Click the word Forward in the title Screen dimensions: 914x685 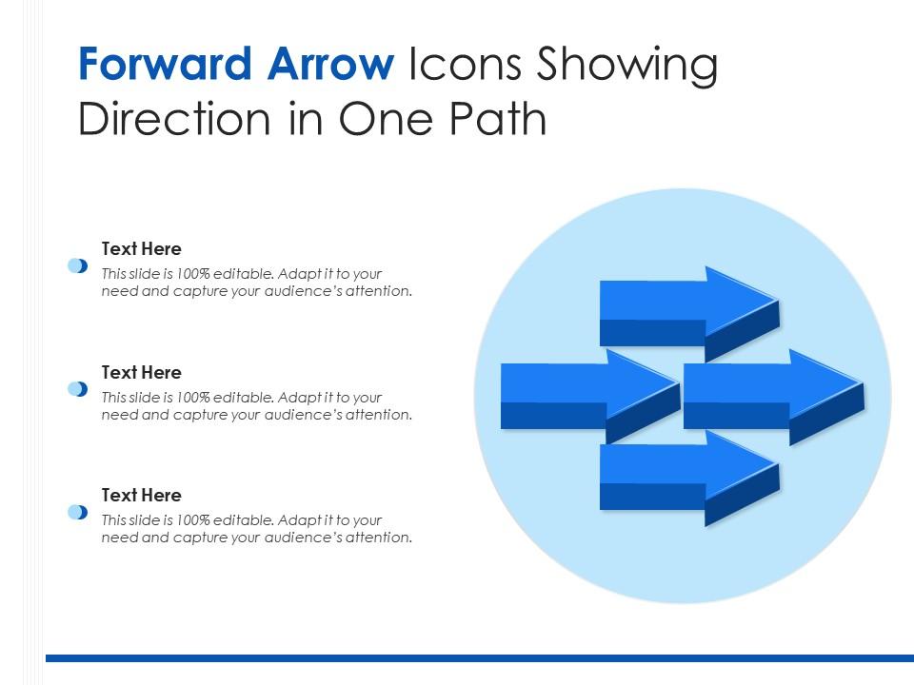click(165, 64)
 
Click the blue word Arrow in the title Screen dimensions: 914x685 click(330, 64)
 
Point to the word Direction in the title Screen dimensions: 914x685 click(174, 119)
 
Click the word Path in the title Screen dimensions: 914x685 click(498, 119)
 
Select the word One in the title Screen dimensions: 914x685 click(386, 120)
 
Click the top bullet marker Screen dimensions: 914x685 click(77, 265)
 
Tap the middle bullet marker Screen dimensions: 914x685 click(77, 389)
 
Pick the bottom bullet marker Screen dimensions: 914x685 click(77, 512)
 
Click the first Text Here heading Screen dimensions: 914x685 click(142, 248)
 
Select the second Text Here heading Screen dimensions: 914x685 click(142, 372)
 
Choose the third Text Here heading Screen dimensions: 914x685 click(142, 495)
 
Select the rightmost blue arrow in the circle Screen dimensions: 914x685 click(772, 398)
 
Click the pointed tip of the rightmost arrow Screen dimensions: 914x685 click(863, 383)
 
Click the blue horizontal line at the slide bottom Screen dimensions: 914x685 click(480, 658)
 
